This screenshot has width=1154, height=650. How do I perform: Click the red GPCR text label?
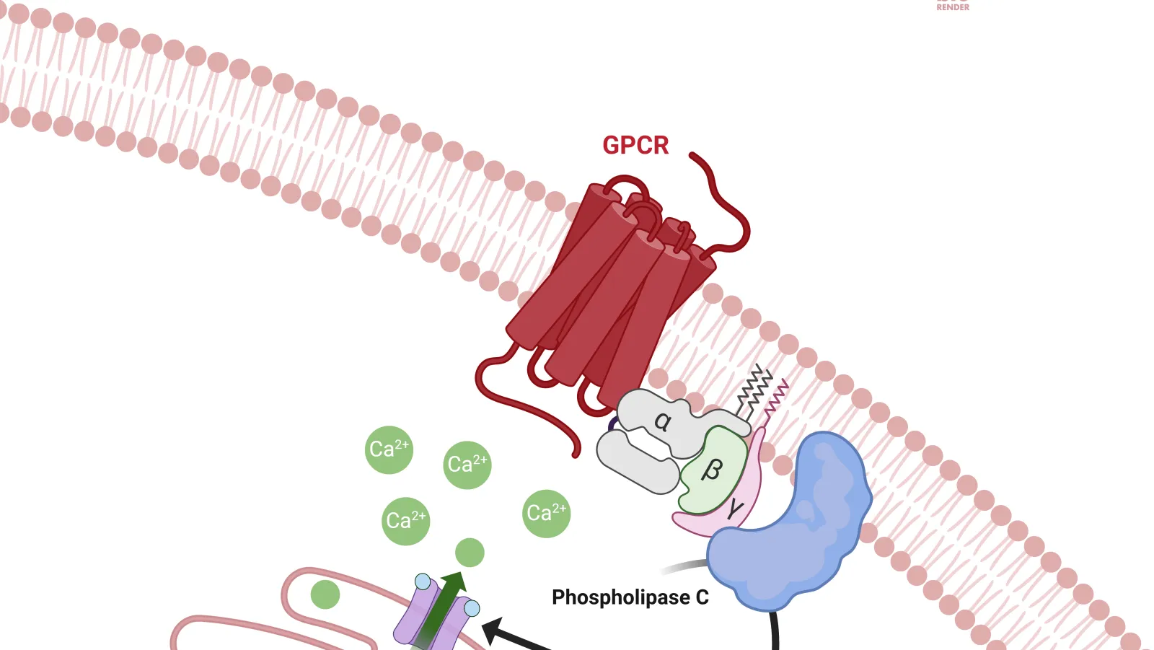click(635, 145)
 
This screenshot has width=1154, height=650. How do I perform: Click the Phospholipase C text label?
click(630, 597)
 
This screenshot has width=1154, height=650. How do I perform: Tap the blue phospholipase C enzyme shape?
click(793, 527)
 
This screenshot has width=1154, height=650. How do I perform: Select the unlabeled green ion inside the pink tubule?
click(325, 594)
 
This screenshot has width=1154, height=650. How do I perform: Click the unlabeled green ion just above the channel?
click(470, 553)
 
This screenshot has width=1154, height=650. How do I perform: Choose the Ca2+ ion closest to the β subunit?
click(546, 514)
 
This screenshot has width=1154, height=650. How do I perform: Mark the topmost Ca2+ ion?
click(389, 449)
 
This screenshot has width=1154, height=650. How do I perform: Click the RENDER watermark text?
click(953, 7)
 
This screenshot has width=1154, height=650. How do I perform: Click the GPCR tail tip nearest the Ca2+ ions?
click(576, 454)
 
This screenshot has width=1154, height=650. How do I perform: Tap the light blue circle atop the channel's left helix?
click(423, 581)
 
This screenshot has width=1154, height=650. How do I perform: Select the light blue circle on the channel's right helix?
click(472, 609)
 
